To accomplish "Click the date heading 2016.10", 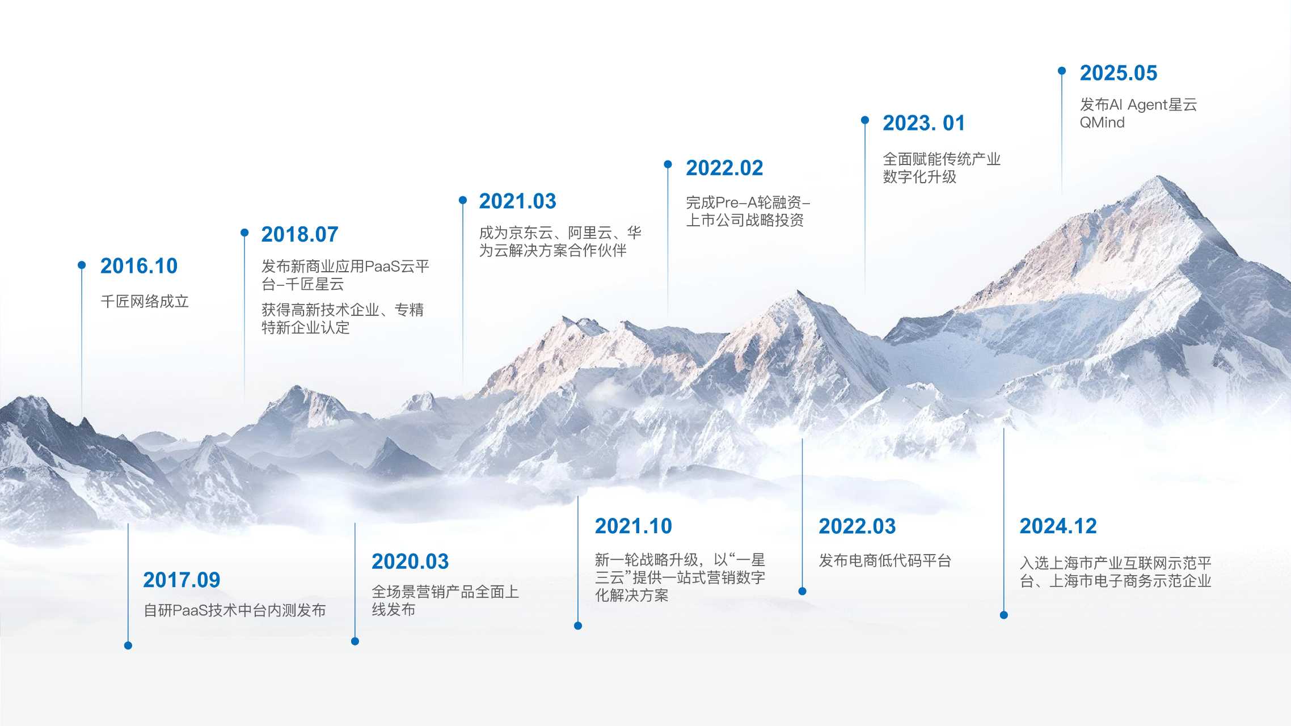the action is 139,266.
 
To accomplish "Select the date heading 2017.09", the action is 182,580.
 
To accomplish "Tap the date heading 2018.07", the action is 299,234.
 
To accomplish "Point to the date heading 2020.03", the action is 410,562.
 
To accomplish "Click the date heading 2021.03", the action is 517,201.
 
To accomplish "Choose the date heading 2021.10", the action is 633,526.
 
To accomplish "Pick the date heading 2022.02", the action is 724,168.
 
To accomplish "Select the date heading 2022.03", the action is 857,526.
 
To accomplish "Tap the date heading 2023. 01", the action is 923,123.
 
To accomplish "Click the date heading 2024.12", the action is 1058,526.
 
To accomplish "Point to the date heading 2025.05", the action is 1118,73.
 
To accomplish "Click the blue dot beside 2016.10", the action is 82,265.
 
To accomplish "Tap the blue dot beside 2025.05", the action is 1062,71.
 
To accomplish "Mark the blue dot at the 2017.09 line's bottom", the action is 128,645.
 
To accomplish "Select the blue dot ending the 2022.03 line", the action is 802,591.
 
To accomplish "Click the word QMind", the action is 1102,123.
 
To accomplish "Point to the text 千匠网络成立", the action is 145,301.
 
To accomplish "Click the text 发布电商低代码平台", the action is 885,561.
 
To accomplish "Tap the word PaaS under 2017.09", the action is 190,610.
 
